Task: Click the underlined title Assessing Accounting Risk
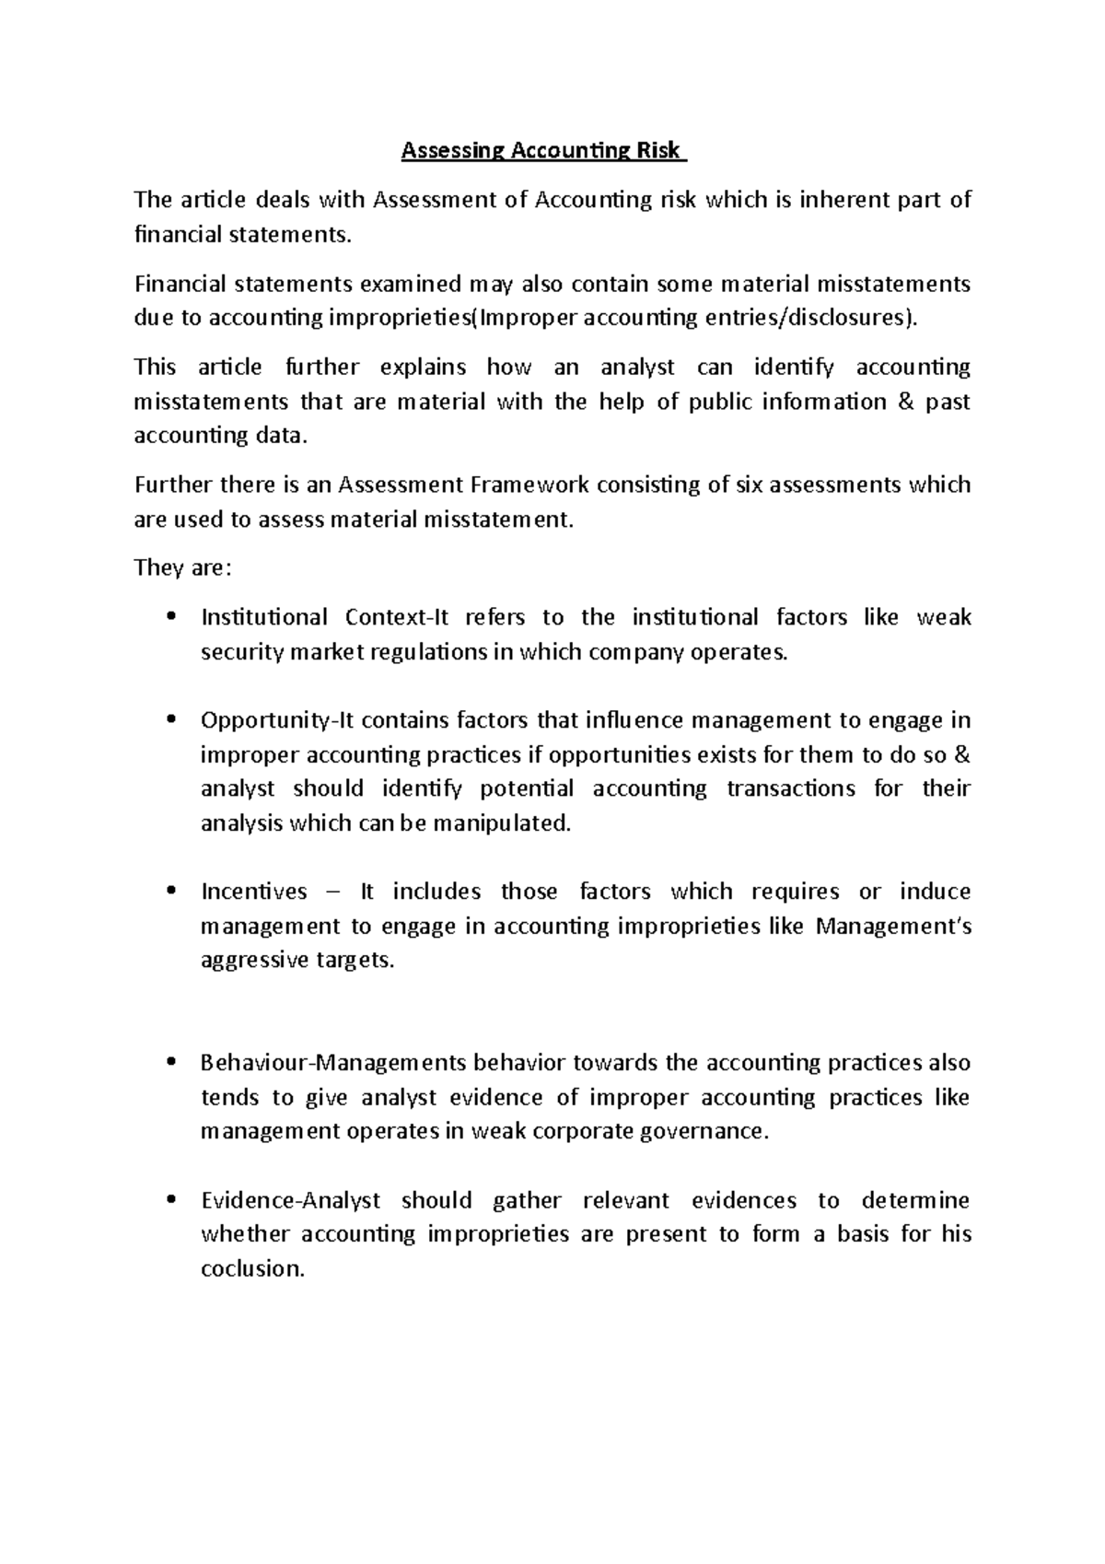pos(543,151)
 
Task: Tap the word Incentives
pos(253,892)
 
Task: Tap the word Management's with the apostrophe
pos(893,927)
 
